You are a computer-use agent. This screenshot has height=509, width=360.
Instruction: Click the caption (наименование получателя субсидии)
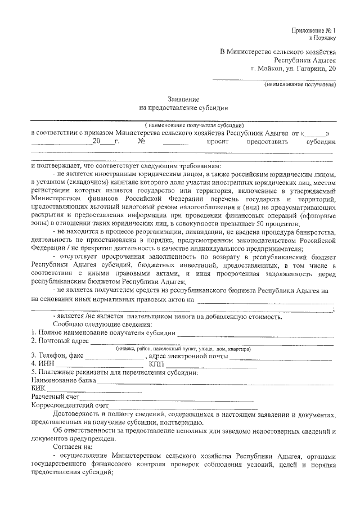[193, 125]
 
